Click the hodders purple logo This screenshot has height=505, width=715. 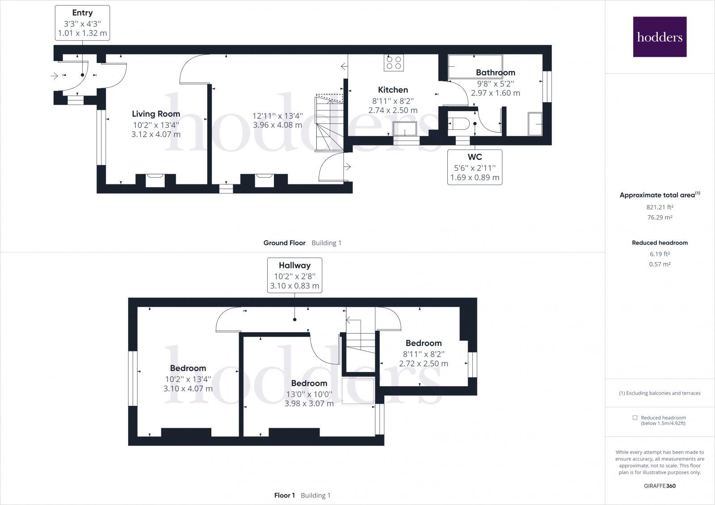660,37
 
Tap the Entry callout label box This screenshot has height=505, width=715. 82,23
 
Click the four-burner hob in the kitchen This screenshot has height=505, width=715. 394,63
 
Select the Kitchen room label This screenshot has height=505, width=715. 393,90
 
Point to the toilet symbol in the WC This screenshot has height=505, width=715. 458,124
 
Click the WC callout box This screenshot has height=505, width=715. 475,167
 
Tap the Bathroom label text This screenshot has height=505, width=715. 495,72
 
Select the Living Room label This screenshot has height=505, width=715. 156,114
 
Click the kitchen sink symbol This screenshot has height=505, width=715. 405,129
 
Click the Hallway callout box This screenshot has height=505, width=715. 294,275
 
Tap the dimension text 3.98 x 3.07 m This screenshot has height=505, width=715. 309,404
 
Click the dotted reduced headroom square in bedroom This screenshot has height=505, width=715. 357,391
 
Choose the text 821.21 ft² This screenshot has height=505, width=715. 660,207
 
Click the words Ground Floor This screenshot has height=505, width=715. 284,243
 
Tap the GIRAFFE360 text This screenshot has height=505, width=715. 660,486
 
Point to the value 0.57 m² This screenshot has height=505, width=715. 660,264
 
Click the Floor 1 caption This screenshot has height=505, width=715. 285,495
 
